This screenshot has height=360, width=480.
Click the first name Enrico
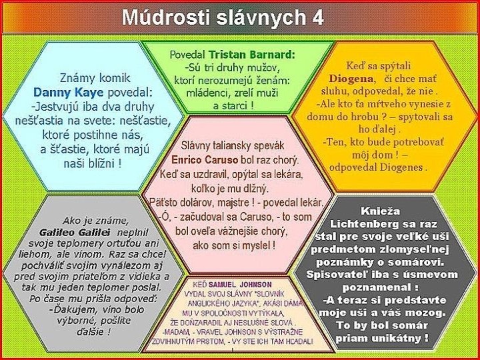click(190, 161)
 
